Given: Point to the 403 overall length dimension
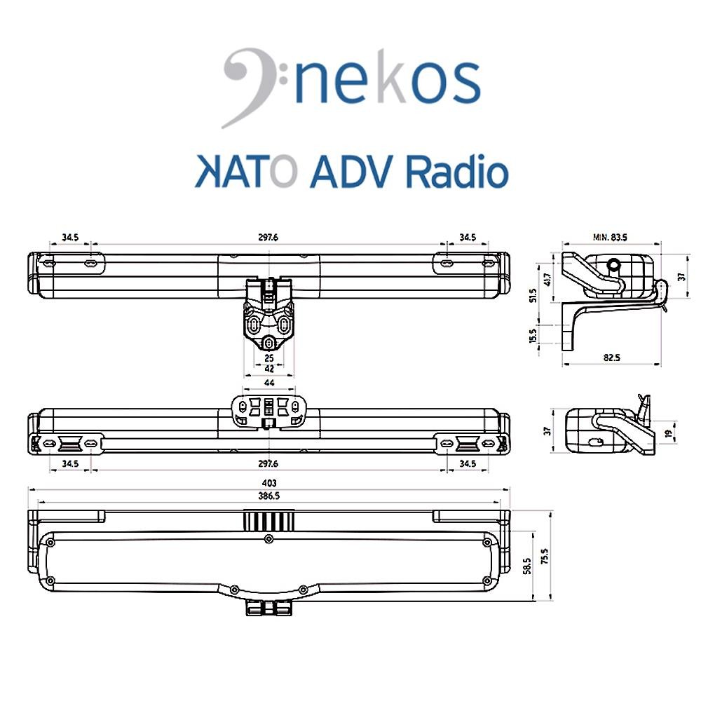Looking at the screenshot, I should (269, 483).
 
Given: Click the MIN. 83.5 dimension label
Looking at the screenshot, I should (609, 238).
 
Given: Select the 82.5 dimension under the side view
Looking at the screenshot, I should (611, 358).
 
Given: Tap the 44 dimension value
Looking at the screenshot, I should (269, 383).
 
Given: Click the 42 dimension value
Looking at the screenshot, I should (269, 367).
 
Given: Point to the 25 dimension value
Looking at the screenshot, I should (269, 358).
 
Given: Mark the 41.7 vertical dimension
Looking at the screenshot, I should (547, 278).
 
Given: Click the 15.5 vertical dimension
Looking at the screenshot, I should (534, 335).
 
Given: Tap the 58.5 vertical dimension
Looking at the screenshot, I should (526, 564).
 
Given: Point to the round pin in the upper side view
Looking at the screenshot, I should (614, 265).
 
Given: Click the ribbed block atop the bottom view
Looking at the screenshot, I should (269, 519).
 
